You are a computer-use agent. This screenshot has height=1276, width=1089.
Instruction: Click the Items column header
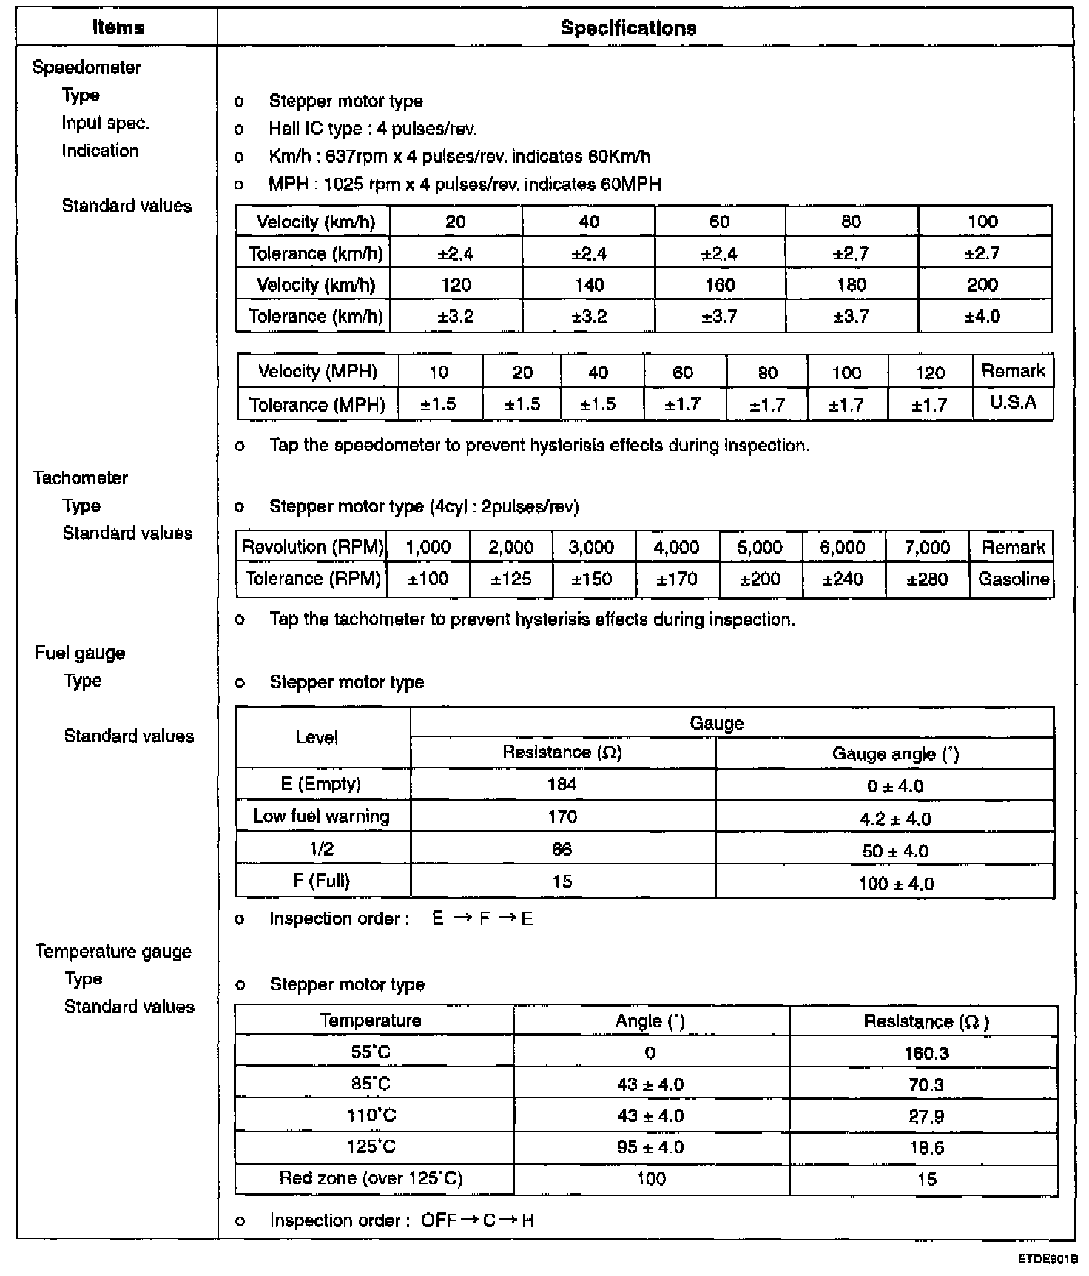coord(118,27)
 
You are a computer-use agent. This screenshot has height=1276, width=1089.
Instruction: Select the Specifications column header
coord(628,28)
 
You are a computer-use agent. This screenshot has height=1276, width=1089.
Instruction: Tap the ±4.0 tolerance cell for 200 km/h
coord(982,317)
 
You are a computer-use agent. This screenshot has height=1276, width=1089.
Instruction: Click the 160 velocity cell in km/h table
coord(719,285)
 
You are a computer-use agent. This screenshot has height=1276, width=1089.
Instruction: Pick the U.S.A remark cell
coord(1013,403)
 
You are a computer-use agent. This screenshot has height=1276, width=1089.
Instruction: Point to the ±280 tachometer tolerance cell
coord(927,579)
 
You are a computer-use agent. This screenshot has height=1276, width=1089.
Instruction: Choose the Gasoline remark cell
coord(1013,579)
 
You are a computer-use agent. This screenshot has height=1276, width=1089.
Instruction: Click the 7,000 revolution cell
coord(927,547)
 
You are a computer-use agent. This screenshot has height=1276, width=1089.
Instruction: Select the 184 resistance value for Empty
coord(562,785)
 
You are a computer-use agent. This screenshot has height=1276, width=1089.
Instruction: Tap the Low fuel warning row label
coord(321,816)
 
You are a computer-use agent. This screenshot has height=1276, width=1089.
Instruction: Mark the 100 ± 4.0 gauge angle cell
coord(895,883)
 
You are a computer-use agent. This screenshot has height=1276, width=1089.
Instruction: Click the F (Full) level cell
coord(321,881)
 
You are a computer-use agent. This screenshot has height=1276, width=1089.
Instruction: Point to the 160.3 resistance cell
coord(926,1053)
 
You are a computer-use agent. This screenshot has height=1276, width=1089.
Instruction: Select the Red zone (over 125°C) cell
coord(371,1178)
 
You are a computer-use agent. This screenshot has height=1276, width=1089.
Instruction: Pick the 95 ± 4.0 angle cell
coord(650,1147)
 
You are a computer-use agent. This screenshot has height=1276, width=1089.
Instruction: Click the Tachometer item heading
coord(80,478)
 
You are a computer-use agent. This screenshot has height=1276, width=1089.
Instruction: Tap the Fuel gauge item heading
coord(80,653)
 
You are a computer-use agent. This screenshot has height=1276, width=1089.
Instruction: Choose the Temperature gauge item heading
coord(113,952)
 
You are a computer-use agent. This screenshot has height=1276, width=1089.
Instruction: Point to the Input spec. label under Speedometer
coord(105,123)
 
